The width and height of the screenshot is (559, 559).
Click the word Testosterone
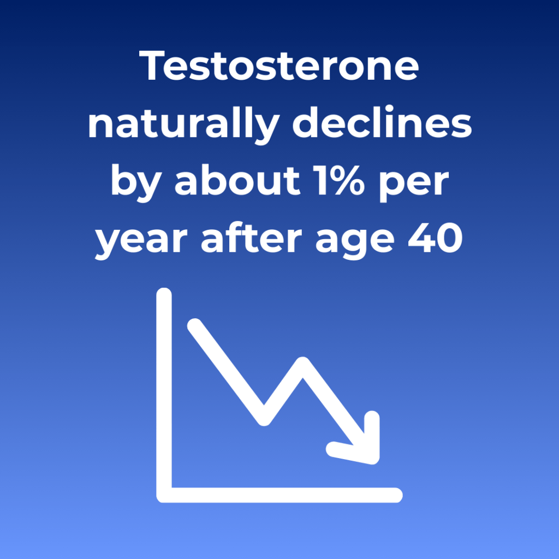click(279, 66)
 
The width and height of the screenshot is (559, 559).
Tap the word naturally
click(183, 125)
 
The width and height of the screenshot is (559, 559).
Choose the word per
click(414, 186)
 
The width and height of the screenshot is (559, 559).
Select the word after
click(251, 237)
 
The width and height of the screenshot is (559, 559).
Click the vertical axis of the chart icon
click(164, 392)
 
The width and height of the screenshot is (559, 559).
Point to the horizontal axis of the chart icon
click(280, 495)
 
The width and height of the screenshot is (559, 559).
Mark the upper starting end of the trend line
click(195, 326)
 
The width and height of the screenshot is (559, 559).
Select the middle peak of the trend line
click(302, 364)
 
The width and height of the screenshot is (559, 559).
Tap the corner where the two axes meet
click(164, 495)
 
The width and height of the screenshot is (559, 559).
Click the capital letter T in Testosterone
click(151, 66)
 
